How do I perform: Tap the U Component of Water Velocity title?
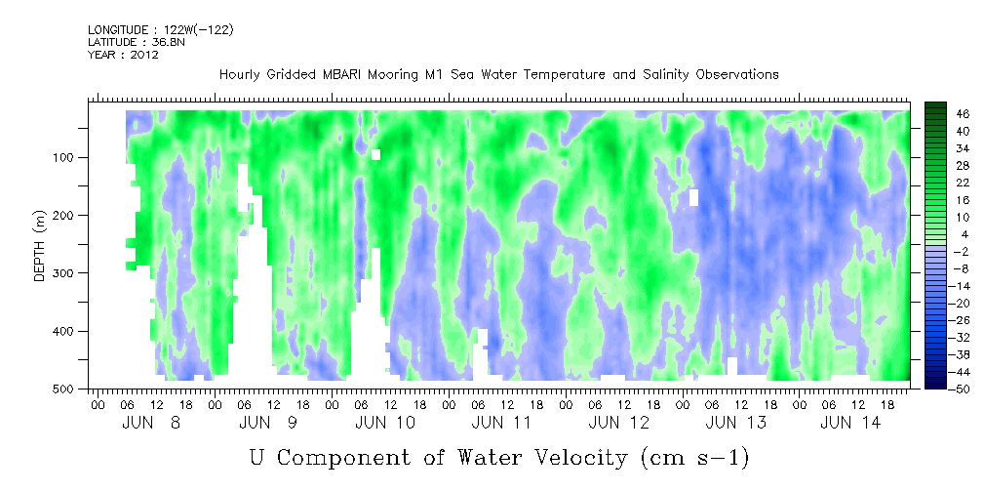(x=498, y=456)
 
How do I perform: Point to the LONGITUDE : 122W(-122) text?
(x=160, y=30)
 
